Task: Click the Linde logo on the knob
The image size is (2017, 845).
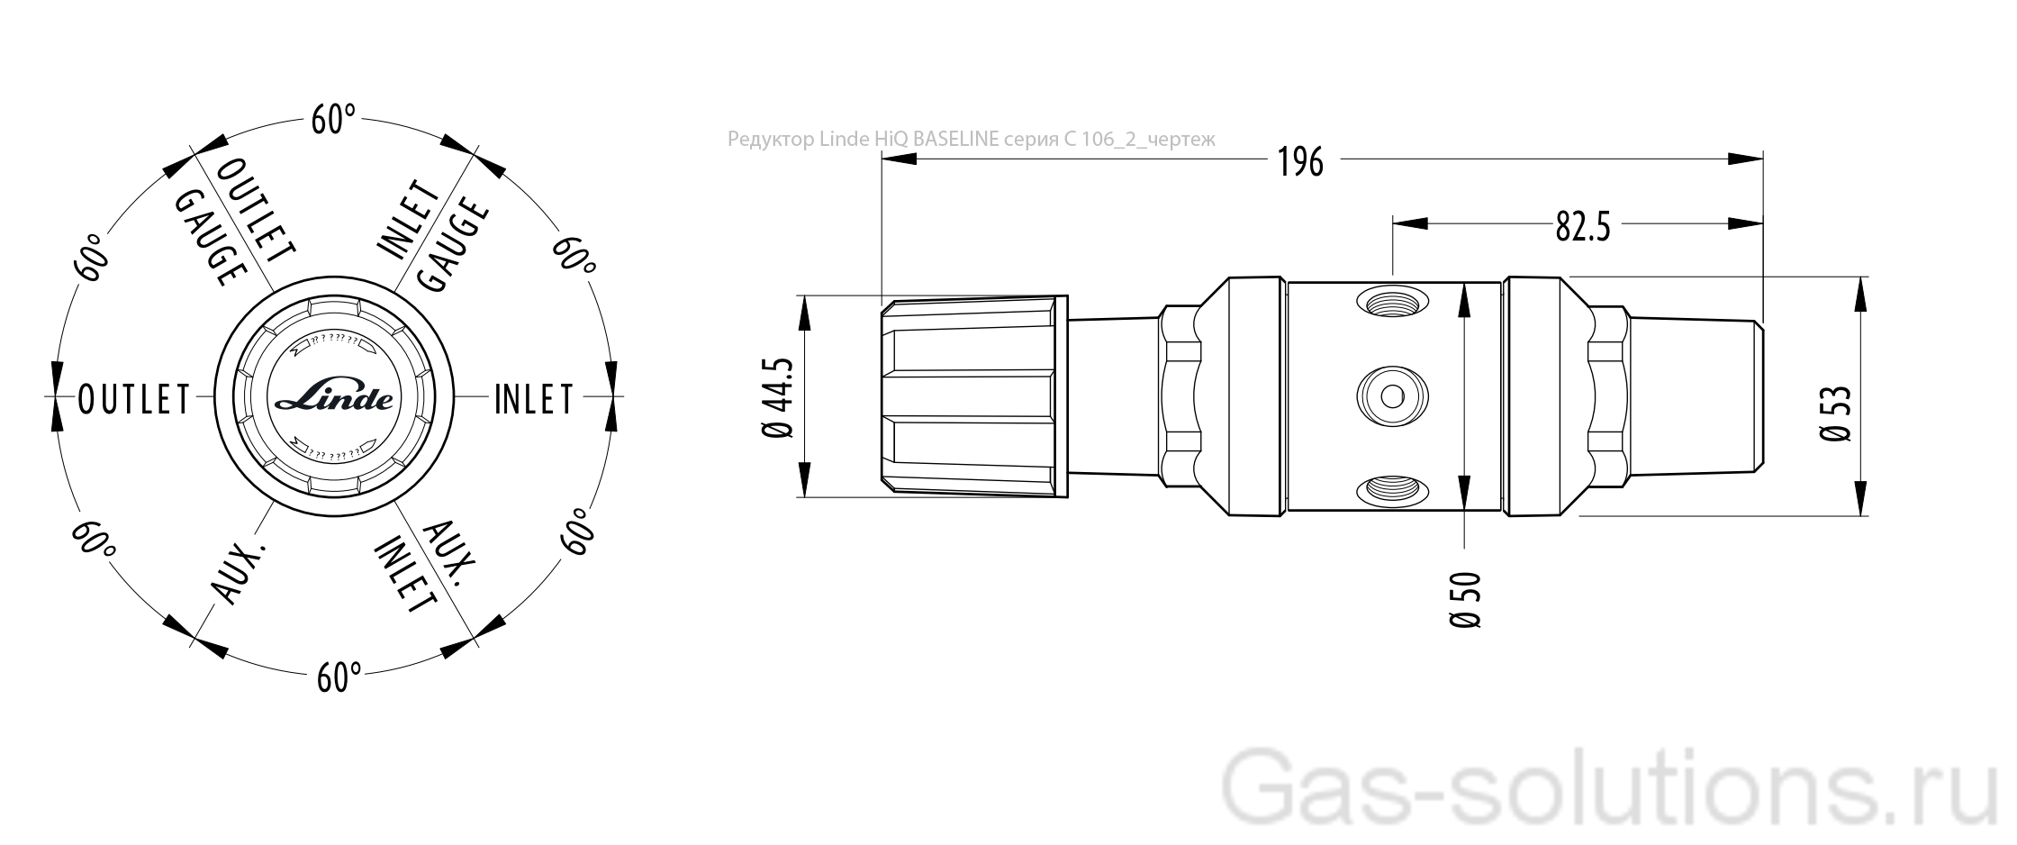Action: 333,398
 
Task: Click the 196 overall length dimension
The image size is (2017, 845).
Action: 1300,161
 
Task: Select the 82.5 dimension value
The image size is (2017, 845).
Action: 1582,226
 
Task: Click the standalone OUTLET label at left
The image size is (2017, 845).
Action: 134,399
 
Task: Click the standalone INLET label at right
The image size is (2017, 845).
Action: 534,399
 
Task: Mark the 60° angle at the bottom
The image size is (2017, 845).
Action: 339,677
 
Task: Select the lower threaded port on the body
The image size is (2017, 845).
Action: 1392,490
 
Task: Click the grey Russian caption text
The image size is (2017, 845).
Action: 971,140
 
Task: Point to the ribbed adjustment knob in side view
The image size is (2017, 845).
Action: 971,396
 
